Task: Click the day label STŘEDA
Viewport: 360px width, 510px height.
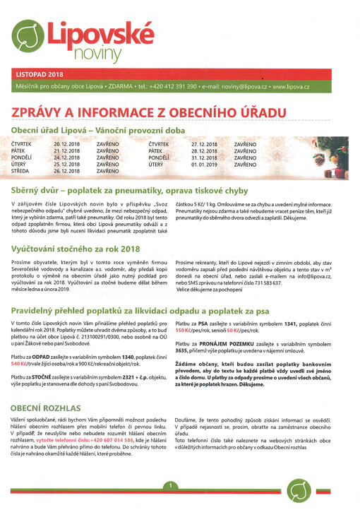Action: click(20, 171)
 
